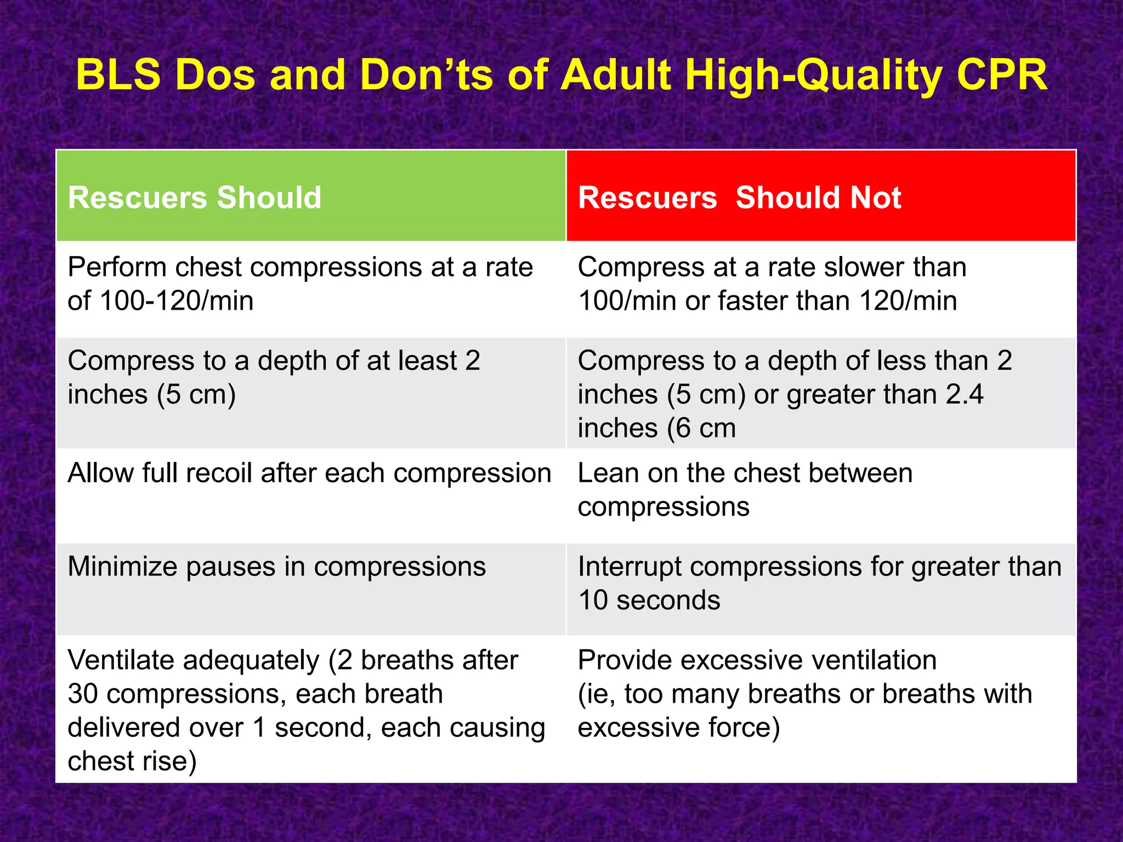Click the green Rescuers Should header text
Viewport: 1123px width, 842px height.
tap(195, 197)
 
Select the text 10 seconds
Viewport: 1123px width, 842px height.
tap(649, 600)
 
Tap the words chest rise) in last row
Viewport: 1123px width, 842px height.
tap(132, 761)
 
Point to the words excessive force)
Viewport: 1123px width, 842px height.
tap(678, 728)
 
